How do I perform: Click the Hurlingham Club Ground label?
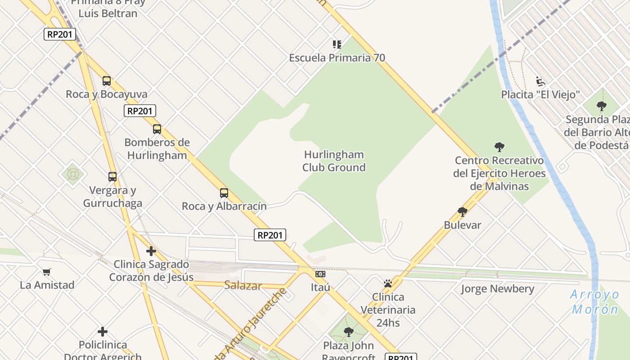334,161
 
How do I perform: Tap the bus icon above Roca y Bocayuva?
107,81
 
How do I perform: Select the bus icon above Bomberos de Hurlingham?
157,129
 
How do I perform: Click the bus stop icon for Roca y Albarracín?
224,193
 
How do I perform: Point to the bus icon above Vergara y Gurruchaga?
112,177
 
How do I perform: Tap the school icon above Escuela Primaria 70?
337,44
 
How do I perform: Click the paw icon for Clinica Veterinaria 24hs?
388,283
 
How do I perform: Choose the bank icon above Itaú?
320,274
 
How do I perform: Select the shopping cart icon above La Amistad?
47,272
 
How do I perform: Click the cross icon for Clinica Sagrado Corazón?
151,251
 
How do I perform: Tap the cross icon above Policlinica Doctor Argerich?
103,332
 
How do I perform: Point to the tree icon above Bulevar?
462,211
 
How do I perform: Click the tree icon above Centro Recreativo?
499,147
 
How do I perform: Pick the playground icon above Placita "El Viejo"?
540,81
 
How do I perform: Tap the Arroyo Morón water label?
595,302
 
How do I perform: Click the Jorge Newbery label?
498,289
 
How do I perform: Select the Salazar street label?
243,285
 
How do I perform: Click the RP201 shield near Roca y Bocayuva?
139,111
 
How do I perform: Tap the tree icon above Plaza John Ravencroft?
348,332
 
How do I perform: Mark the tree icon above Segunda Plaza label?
602,106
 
